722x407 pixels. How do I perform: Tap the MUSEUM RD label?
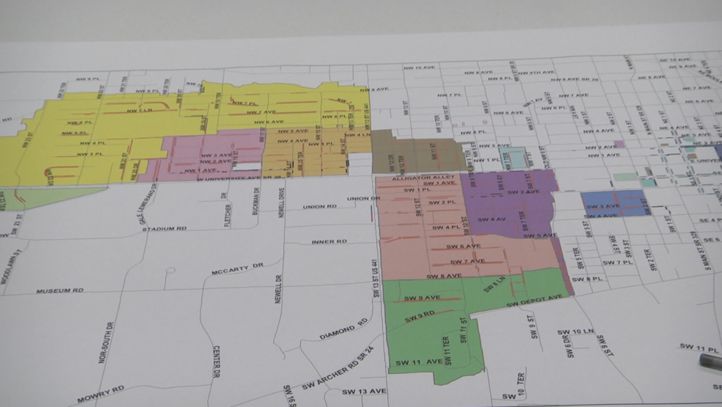pos(60,290)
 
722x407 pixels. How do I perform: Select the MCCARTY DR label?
pos(237,271)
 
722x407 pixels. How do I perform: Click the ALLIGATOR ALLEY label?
pos(414,177)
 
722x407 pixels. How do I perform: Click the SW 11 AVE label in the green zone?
pos(419,362)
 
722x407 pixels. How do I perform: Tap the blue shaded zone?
pos(615,203)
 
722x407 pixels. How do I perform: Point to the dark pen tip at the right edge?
pos(710,360)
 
